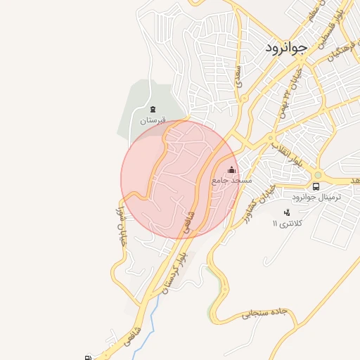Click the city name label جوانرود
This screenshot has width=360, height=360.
287,48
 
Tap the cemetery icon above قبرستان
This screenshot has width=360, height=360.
153,109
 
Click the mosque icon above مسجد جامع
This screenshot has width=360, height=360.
232,169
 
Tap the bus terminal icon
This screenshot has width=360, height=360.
316,187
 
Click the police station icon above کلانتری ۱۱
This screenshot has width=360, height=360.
287,212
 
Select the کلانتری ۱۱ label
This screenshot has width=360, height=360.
286,223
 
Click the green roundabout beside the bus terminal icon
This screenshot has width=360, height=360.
317,174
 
